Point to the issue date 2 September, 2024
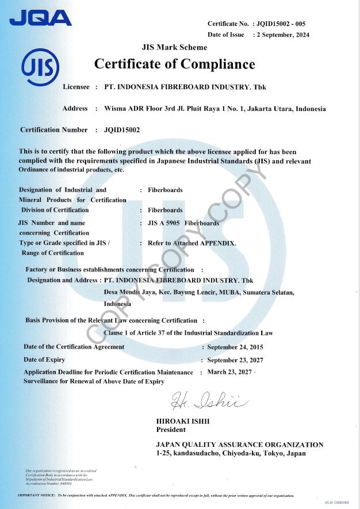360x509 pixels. tap(285, 35)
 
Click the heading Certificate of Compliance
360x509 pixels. tap(174, 64)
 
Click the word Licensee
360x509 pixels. tap(76, 87)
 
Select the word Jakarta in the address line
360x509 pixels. tap(251, 109)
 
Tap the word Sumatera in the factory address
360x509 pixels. tap(248, 293)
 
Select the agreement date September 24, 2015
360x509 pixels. tap(235, 347)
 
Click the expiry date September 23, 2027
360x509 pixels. tap(235, 360)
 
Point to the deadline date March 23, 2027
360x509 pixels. tap(229, 372)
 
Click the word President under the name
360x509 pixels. tap(171, 430)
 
